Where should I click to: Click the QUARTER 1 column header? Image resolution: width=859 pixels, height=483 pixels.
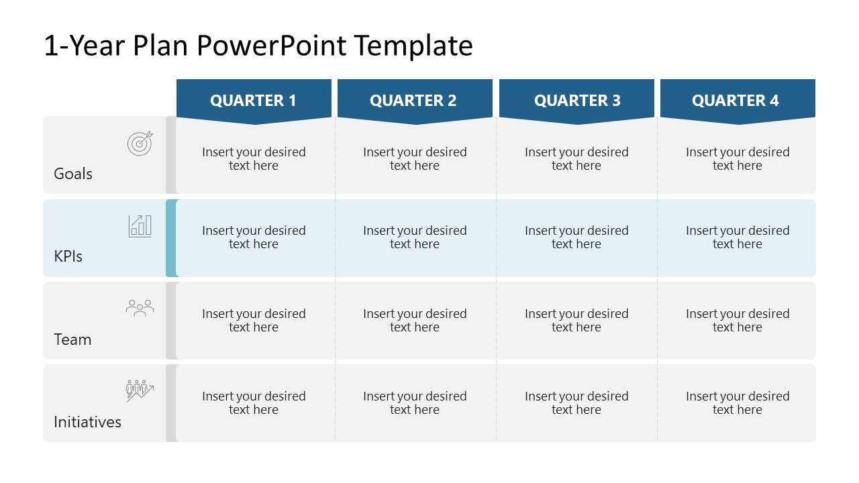pos(253,101)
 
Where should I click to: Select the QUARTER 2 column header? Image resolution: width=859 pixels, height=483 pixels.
pos(413,101)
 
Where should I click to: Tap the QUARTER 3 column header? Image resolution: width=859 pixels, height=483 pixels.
pos(577,101)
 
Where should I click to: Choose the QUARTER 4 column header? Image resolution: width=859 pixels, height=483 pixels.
pos(736,101)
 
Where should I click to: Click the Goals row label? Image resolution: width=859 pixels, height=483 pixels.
pos(73,174)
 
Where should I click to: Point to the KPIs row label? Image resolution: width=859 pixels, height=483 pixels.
pos(68,256)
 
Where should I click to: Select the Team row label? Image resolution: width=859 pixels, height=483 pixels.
pos(72,339)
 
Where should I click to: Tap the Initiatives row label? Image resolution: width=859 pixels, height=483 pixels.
pos(87,422)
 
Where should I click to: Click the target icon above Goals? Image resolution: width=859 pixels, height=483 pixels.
pos(140,143)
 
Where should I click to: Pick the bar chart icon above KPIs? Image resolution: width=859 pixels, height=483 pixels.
pos(140,226)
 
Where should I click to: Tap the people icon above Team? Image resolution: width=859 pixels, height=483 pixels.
pos(140,308)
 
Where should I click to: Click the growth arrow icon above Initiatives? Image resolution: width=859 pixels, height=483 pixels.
pos(140,390)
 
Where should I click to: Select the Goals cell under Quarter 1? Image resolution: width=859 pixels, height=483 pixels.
pos(254,159)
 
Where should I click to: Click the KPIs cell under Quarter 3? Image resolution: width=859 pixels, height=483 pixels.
pos(576,237)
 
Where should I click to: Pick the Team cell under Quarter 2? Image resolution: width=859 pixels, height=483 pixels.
pos(415,321)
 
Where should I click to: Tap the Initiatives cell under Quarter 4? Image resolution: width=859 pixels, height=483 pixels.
pos(738,403)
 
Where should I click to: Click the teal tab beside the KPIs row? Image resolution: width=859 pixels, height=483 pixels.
pos(171,238)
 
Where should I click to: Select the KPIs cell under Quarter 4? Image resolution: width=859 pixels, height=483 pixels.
pos(738,237)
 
